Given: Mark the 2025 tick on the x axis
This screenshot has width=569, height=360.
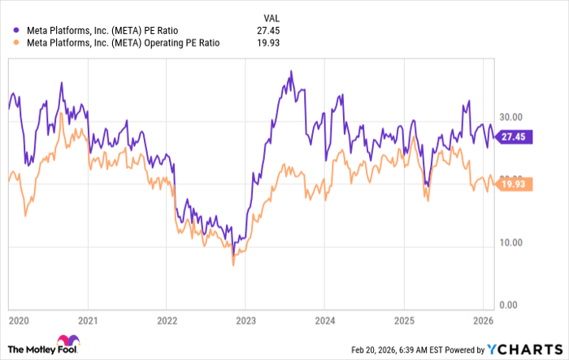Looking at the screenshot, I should pos(403,320).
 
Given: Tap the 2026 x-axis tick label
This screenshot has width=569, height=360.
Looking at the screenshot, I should pos(482,320).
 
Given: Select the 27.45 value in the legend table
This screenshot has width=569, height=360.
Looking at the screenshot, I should pos(267,31).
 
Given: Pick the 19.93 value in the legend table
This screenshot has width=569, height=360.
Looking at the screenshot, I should pos(267,43).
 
